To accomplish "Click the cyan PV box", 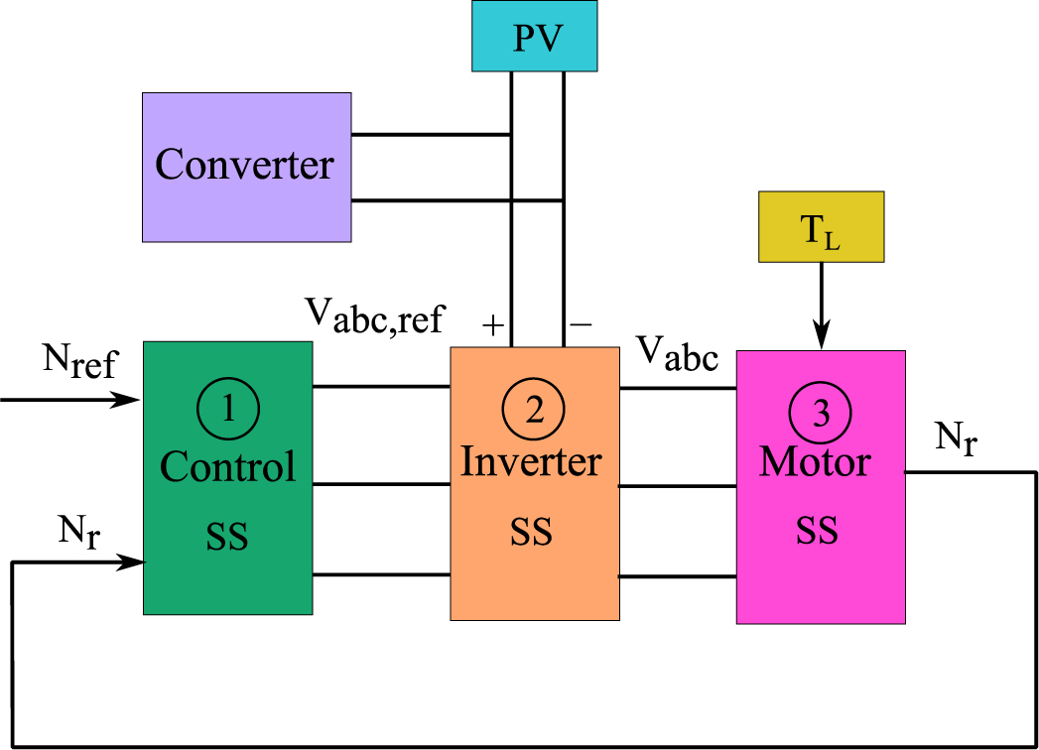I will [537, 38].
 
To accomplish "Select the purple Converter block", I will [246, 167].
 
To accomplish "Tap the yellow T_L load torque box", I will [821, 226].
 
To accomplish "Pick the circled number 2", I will [534, 411].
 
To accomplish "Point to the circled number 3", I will [821, 414].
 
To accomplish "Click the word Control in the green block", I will [228, 466].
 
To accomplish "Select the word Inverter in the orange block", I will [532, 462].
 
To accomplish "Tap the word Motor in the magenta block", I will [816, 461].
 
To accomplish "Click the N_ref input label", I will [79, 362].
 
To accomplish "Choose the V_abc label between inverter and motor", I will [677, 353].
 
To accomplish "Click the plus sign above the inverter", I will [492, 325].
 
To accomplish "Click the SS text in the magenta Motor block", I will [817, 531].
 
